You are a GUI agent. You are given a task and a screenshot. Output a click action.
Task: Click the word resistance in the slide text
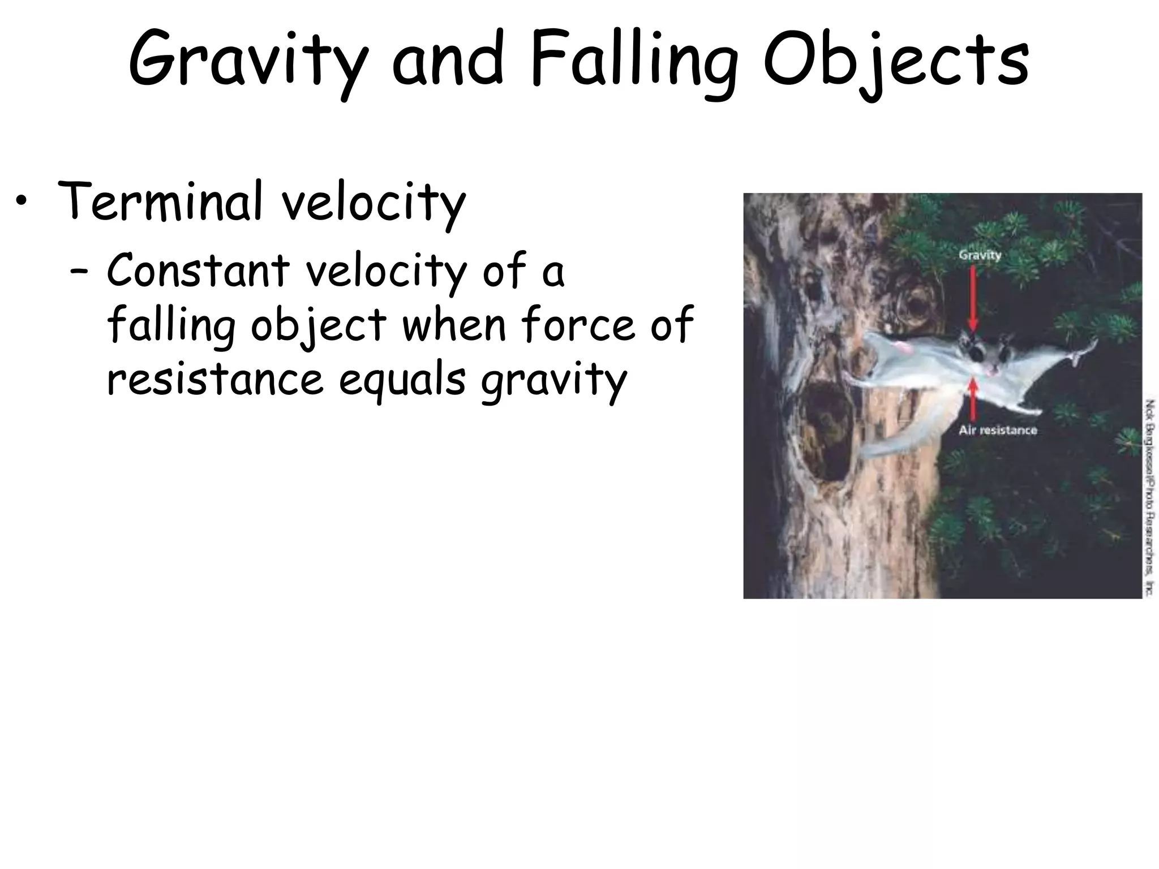[215, 379]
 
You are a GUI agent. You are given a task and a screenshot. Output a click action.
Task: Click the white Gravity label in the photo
[980, 255]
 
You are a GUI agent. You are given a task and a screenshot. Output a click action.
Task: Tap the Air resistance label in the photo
[998, 431]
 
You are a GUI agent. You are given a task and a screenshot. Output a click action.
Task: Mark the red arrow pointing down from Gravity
[973, 297]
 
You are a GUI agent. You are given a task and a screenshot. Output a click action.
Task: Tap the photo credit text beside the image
[1149, 498]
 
